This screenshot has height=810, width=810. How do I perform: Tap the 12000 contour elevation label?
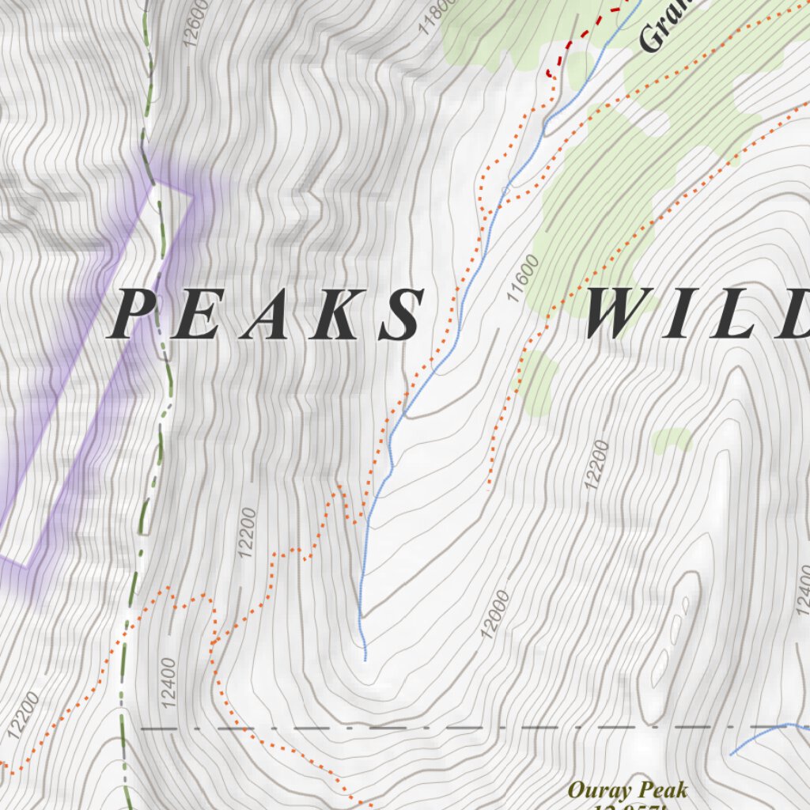coord(494,614)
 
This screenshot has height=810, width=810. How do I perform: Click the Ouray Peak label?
coord(627,789)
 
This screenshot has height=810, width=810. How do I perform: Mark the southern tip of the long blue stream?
coord(365,658)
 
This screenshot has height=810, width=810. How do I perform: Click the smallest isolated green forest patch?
coord(671,440)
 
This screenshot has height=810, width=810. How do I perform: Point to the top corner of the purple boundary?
coord(153,184)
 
